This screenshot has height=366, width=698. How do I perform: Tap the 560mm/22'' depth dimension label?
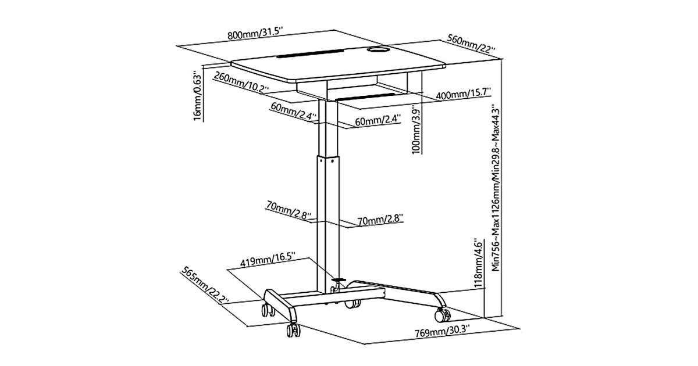471,46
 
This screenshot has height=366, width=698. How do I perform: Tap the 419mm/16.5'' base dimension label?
268,258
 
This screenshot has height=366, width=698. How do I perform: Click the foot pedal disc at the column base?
339,281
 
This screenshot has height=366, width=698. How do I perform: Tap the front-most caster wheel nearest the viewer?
293,331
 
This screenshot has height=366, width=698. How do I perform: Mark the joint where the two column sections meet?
326,156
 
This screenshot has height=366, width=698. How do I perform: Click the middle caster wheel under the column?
351,303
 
